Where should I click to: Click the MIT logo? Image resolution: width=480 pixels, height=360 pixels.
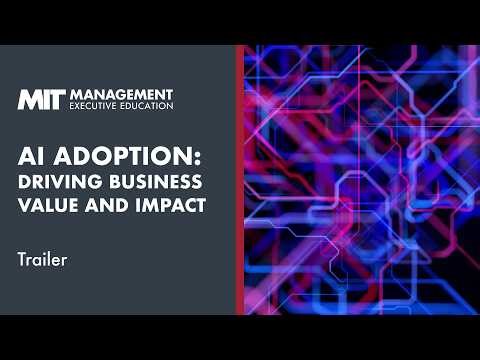[41, 99]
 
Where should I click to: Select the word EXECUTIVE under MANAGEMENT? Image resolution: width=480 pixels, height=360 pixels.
[95, 105]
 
